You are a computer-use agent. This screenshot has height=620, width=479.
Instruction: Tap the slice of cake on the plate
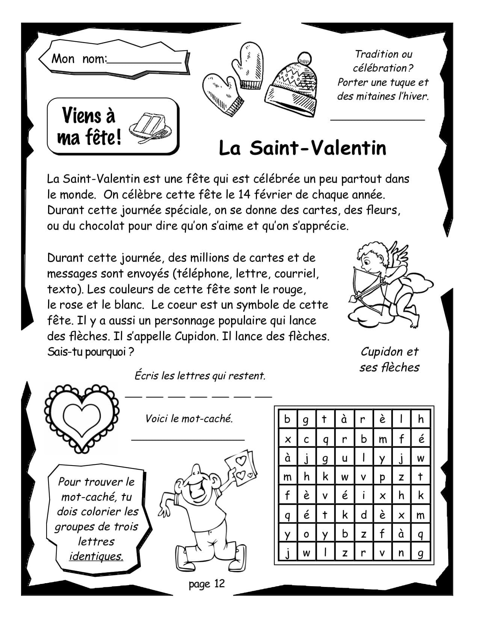148,124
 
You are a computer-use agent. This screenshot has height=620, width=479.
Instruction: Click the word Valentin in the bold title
349,148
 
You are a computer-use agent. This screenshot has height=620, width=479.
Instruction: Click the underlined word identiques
96,556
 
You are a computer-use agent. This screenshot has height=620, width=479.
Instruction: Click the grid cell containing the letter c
306,439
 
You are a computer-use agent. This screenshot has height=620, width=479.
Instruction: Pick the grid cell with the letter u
345,458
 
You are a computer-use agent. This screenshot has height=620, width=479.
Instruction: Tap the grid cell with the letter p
382,477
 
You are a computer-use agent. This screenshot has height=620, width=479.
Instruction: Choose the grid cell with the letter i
364,496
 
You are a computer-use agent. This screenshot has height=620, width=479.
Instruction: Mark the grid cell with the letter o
306,534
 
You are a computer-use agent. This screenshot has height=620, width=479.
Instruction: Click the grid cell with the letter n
402,553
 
